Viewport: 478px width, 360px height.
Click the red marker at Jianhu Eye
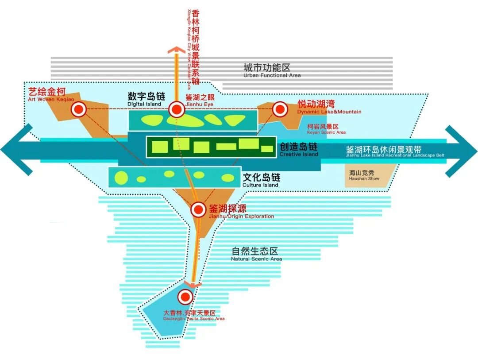point(177,109)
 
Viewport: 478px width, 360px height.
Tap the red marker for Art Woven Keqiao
point(80,109)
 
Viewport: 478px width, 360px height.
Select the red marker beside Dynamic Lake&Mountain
point(279,109)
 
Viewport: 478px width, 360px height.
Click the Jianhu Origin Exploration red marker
point(198,210)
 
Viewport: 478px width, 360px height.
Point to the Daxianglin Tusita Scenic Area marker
point(185,297)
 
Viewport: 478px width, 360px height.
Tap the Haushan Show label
point(362,175)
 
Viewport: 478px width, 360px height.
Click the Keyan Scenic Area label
point(326,129)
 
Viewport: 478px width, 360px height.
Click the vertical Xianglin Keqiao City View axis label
point(193,46)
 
